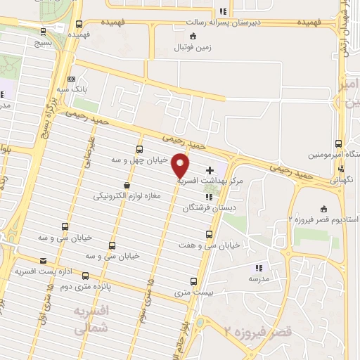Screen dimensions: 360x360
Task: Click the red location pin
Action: click(181, 166)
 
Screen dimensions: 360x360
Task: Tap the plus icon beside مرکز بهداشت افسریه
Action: click(209, 171)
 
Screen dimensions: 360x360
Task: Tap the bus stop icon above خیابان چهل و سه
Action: click(139, 149)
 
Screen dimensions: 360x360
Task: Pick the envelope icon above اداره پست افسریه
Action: click(44, 259)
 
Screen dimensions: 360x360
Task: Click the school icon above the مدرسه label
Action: click(259, 267)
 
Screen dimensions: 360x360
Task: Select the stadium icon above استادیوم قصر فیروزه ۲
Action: click(323, 209)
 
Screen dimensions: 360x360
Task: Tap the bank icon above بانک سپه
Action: click(70, 79)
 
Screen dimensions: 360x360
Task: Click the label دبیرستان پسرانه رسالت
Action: click(224, 22)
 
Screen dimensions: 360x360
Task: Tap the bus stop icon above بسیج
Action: click(45, 32)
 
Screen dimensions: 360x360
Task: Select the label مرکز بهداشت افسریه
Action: click(209, 181)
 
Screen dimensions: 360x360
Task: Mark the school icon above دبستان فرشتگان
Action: click(208, 196)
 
